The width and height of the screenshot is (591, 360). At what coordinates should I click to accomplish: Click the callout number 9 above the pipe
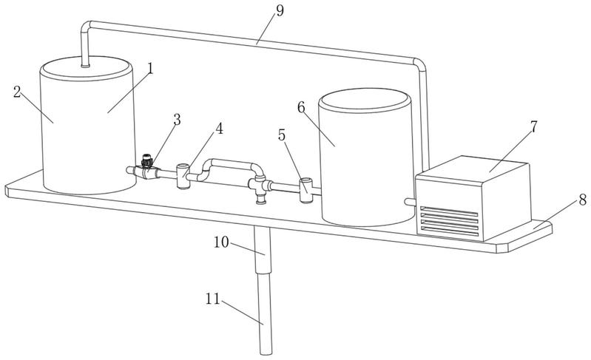click(x=280, y=10)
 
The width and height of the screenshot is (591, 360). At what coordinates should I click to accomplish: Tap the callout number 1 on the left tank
click(x=150, y=69)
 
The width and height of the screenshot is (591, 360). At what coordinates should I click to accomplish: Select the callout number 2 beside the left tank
click(x=17, y=92)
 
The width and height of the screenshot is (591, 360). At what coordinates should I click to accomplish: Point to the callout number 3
click(x=177, y=120)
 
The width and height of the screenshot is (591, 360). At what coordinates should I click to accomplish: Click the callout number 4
click(x=219, y=129)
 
